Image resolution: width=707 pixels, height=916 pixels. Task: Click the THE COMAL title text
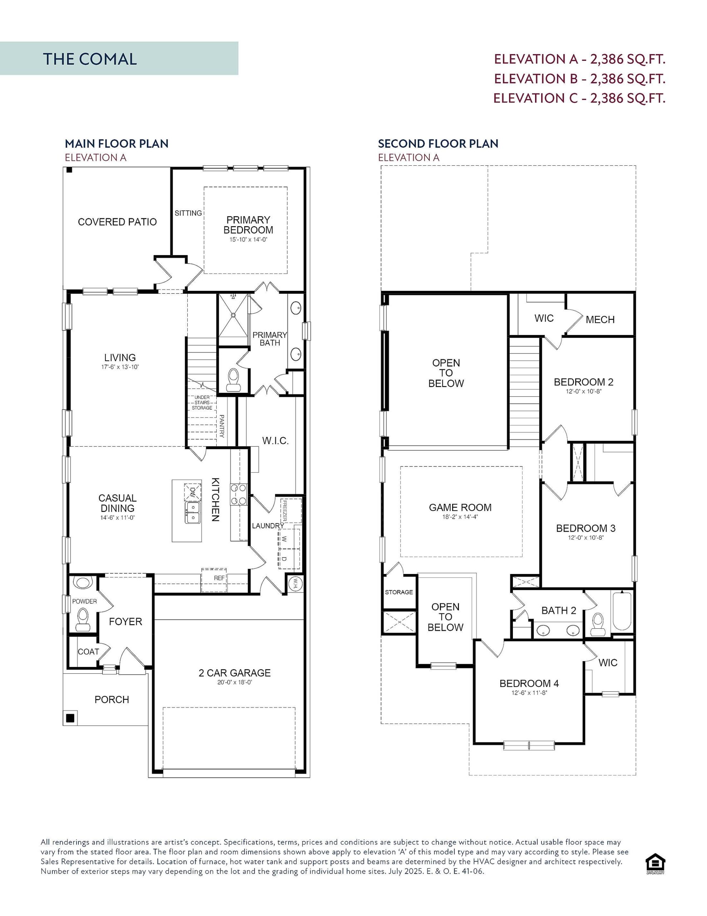click(x=90, y=59)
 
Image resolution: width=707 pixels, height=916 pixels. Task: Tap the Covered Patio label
click(x=117, y=222)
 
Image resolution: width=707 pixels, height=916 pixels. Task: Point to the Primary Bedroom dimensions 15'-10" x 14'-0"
click(x=248, y=240)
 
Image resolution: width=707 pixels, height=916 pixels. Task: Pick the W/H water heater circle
click(x=296, y=583)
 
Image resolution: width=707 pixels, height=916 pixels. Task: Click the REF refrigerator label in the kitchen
click(x=219, y=578)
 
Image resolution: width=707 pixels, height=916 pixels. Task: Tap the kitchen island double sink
click(x=192, y=512)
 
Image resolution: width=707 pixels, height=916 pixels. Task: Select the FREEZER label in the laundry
click(x=285, y=511)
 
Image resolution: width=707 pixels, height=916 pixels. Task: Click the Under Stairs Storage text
click(x=202, y=403)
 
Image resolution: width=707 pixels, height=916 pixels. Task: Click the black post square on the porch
click(x=70, y=718)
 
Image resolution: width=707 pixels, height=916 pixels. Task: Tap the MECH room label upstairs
click(x=600, y=320)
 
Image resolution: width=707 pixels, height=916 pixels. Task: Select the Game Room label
click(x=460, y=507)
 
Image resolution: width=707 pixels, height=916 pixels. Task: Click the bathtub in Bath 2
click(x=622, y=611)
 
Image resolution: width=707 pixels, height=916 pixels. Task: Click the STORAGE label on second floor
click(x=399, y=592)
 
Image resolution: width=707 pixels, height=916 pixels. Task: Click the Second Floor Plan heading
click(x=438, y=144)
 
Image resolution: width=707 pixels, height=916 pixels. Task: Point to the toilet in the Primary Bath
click(x=232, y=378)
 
